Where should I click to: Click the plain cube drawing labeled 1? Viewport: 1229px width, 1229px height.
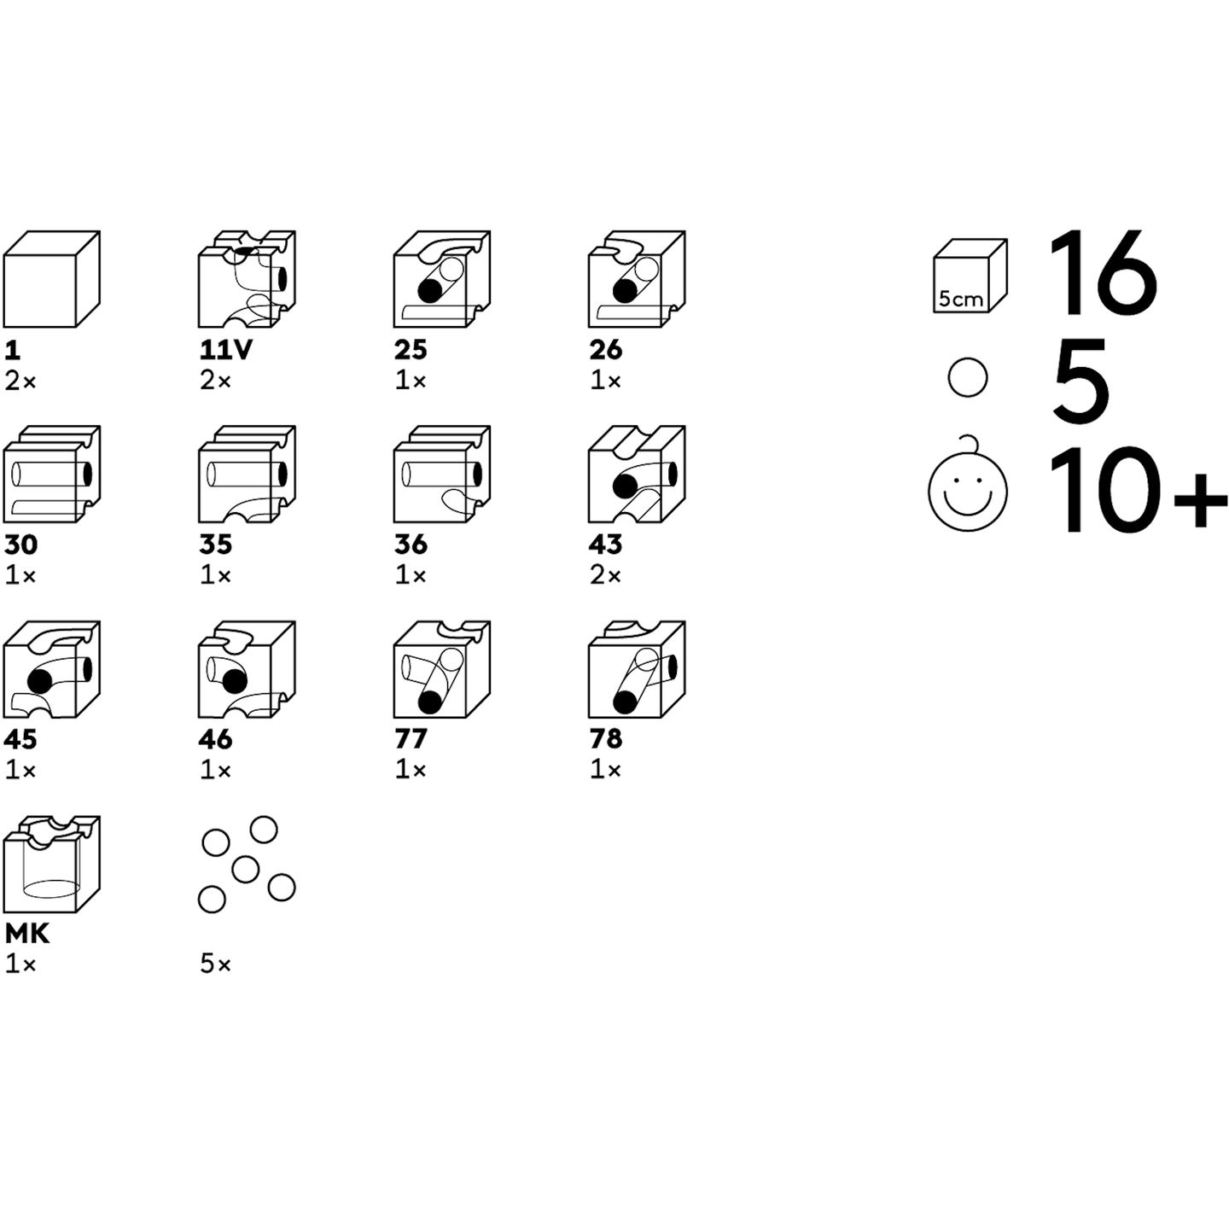coord(52,279)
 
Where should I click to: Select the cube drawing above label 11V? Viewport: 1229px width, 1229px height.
coord(247,279)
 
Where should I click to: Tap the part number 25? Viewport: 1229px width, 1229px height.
coord(411,350)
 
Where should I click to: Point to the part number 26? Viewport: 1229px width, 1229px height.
coord(605,350)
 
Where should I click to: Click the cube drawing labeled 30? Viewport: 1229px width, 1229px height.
coord(52,475)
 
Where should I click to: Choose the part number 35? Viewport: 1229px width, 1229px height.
coord(216,545)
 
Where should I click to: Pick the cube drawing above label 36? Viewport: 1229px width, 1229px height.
coord(442,475)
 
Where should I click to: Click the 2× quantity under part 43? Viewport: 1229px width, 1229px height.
coord(604,576)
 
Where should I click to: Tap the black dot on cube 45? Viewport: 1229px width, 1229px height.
coord(39,682)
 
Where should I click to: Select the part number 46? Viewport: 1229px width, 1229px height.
coord(216,740)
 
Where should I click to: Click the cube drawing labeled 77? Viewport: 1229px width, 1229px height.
coord(442,670)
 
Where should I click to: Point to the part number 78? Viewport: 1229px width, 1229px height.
coord(605,740)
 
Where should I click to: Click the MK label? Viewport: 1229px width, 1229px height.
coord(26,935)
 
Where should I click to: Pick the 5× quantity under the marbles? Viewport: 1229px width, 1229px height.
coord(215,965)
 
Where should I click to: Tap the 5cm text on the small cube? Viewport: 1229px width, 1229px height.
coord(961,298)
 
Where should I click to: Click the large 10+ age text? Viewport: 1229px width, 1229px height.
coord(1137,490)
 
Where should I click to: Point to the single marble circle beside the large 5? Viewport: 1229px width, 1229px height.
coord(968,378)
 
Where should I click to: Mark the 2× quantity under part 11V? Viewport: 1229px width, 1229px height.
coord(215,382)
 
